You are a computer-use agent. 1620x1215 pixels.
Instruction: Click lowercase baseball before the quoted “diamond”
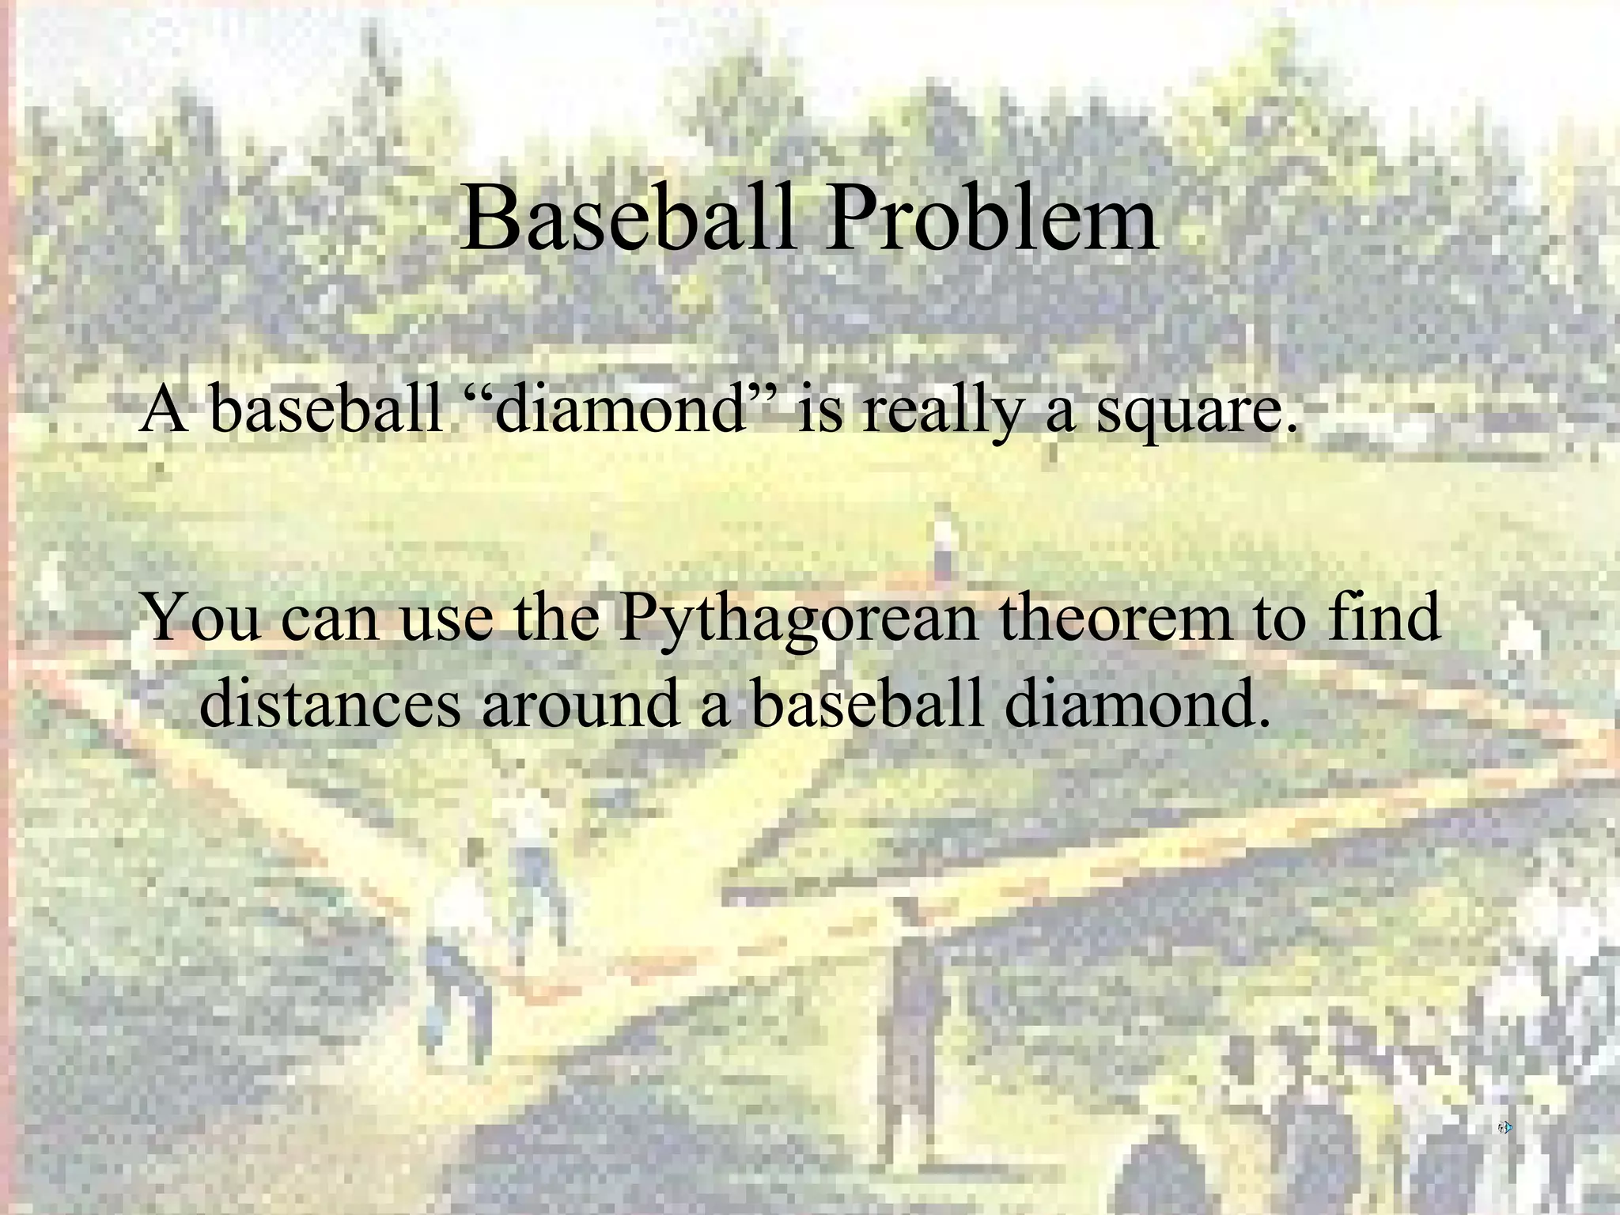click(327, 410)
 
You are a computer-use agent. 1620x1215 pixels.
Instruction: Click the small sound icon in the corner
click(1505, 1127)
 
